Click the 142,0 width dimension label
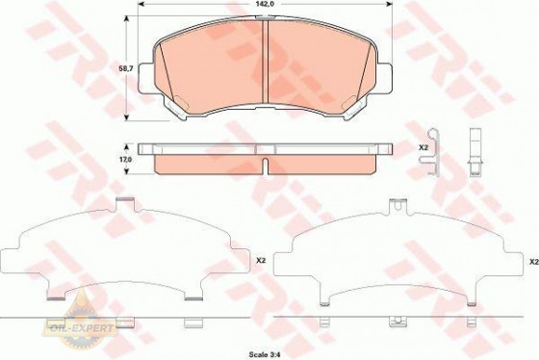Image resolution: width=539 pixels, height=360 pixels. tap(265, 4)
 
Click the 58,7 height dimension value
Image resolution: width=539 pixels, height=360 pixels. tap(126, 68)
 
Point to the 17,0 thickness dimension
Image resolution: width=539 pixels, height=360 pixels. tap(126, 160)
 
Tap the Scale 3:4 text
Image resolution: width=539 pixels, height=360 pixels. tap(265, 354)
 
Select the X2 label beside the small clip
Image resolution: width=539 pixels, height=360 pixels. tap(423, 147)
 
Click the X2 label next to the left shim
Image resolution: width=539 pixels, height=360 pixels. tap(261, 261)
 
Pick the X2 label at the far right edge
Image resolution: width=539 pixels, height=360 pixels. tap(534, 262)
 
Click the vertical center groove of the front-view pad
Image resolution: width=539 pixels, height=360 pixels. tap(265, 62)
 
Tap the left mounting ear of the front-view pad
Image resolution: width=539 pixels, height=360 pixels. tap(145, 78)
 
